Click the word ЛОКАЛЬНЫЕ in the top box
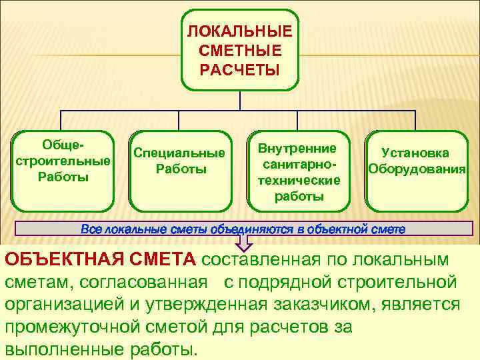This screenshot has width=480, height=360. tap(239, 32)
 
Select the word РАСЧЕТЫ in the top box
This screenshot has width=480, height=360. tap(239, 69)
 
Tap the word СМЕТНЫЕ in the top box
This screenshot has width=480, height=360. tap(239, 51)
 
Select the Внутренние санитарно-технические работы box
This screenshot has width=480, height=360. tap(298, 169)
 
